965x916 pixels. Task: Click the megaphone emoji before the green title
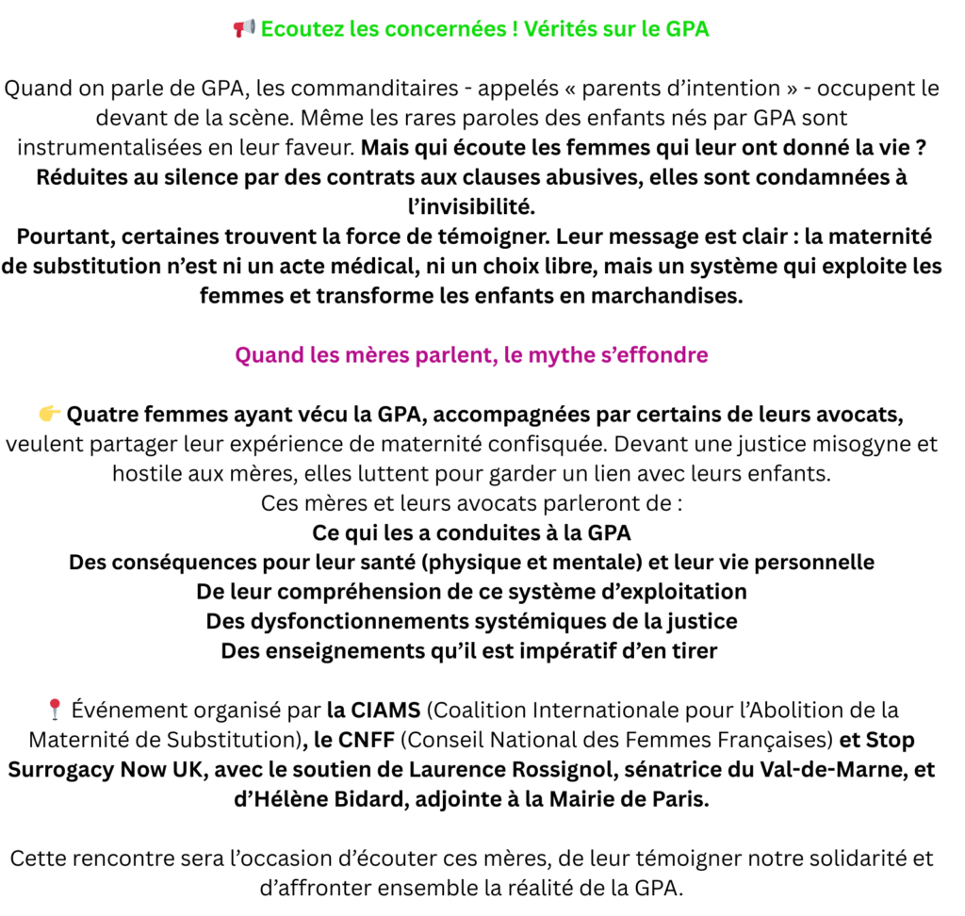[244, 29]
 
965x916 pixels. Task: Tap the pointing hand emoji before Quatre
[50, 414]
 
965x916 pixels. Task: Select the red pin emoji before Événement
[54, 709]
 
